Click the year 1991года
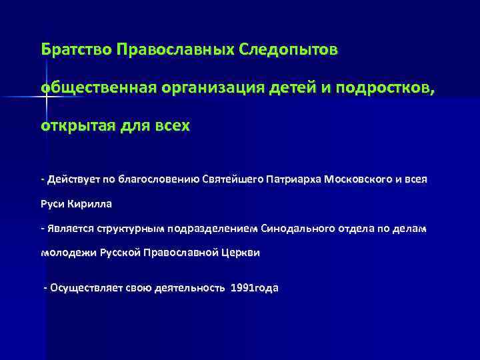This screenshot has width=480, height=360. tap(254, 288)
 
